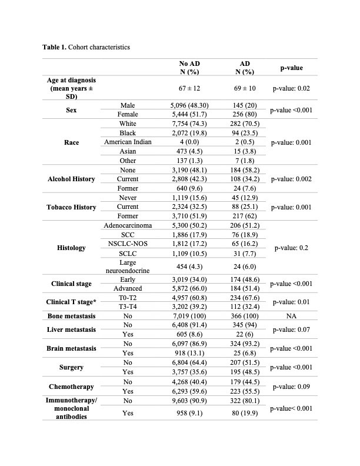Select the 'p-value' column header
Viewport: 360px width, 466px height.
tap(287, 68)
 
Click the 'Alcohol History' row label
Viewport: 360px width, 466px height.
tap(72, 179)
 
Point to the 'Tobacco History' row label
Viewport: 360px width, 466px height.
tap(72, 207)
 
